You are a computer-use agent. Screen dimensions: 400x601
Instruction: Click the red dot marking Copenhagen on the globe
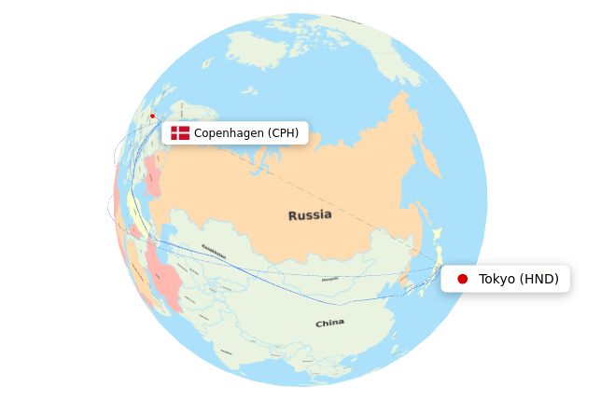tap(152, 116)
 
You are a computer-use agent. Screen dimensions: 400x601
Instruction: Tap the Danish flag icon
tap(180, 133)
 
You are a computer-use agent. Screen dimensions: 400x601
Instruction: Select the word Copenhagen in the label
tap(229, 133)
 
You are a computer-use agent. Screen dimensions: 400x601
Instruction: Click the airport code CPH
tap(284, 133)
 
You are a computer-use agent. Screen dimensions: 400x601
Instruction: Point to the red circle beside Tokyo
tap(462, 279)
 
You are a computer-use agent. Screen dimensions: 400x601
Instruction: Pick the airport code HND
tap(539, 279)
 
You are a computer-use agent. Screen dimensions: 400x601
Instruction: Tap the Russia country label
tap(310, 215)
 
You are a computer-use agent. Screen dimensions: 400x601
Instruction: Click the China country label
tap(329, 324)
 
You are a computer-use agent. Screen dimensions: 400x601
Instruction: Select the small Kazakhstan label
tap(214, 248)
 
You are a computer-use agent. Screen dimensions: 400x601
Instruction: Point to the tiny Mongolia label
tap(329, 279)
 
